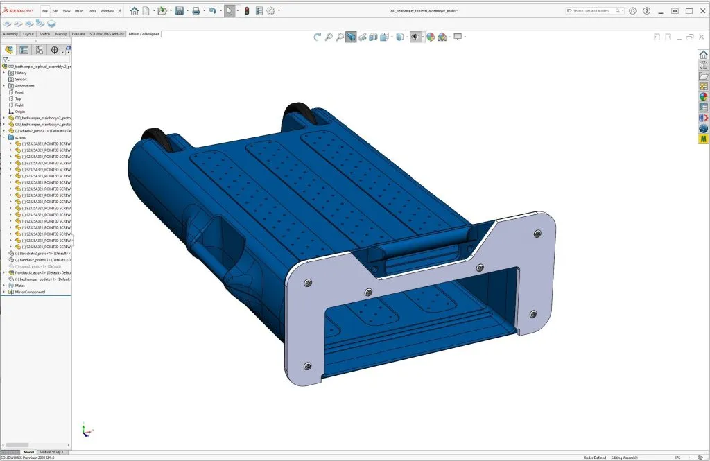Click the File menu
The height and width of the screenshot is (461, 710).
coord(45,11)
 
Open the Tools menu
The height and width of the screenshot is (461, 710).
coord(92,11)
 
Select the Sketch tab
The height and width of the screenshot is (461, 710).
coord(44,33)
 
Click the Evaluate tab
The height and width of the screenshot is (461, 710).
coord(78,33)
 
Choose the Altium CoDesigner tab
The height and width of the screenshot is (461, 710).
coord(144,33)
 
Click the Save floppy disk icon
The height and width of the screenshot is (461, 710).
coord(180,11)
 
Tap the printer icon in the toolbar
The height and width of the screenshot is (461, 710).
coord(196,11)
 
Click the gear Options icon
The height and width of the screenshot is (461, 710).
coord(271,11)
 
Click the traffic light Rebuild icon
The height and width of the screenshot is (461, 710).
coord(246,11)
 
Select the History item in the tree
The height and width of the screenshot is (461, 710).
coord(21,73)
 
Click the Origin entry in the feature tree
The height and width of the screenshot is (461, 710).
coord(20,112)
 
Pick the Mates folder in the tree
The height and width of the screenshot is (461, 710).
coord(20,286)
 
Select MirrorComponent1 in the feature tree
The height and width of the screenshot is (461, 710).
coord(30,293)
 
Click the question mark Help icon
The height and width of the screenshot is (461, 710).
coord(646,11)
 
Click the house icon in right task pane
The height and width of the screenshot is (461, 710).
coord(703,55)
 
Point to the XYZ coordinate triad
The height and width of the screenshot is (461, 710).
coord(85,430)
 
